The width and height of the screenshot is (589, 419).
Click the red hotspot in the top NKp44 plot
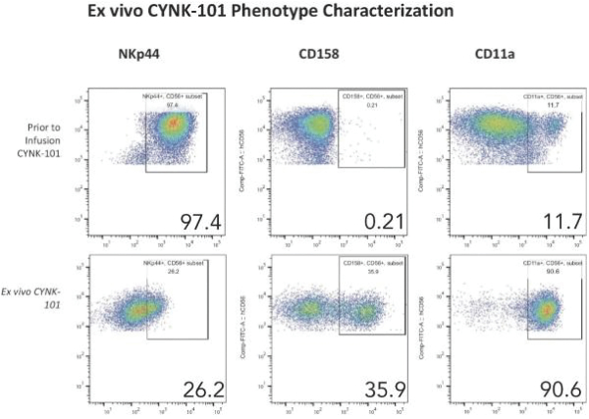pyautogui.click(x=174, y=124)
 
